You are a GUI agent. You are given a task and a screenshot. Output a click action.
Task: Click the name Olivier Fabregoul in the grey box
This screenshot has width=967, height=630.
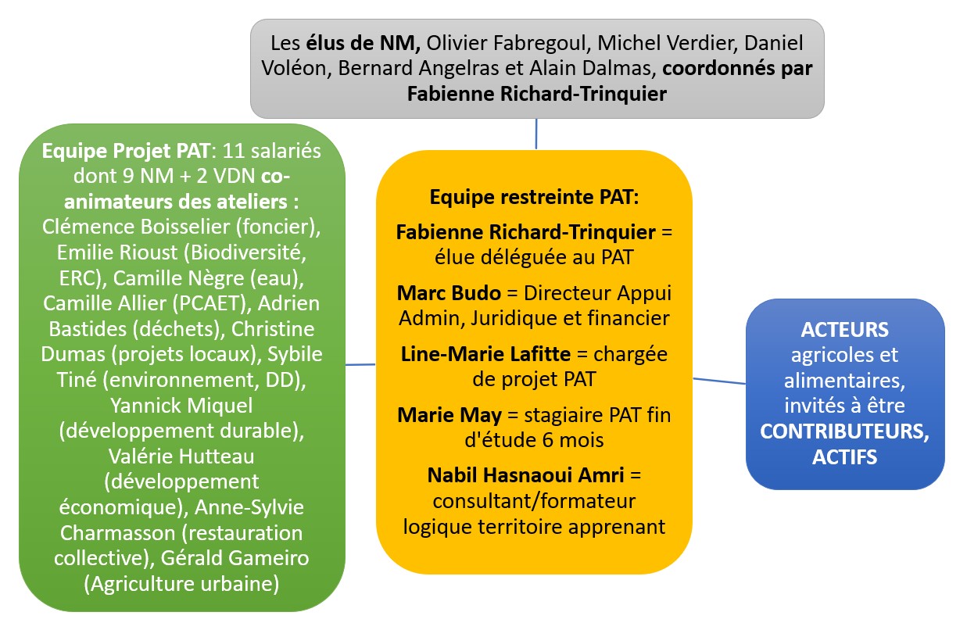507,43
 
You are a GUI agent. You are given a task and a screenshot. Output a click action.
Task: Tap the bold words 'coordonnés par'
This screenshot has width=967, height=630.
737,69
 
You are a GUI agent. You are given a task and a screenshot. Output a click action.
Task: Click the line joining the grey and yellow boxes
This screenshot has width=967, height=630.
536,134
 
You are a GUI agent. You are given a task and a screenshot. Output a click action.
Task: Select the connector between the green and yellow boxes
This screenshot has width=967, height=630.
360,364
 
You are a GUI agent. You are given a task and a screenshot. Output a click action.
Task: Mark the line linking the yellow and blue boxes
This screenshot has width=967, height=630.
719,381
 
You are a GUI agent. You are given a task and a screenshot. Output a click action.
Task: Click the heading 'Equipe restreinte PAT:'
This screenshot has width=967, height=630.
534,198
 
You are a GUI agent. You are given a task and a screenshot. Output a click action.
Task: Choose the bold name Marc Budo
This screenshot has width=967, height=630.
449,293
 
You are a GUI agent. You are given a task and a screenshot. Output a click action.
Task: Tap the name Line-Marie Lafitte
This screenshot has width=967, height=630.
485,354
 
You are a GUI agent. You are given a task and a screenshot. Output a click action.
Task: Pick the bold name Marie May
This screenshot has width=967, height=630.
449,416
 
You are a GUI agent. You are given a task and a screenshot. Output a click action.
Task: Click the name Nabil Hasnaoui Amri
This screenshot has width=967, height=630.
526,475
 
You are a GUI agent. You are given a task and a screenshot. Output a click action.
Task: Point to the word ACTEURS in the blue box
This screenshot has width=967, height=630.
845,330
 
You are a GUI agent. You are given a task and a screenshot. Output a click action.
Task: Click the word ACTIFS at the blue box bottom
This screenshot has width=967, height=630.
845,457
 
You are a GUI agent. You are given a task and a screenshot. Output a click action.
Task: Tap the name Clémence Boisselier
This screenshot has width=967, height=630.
136,227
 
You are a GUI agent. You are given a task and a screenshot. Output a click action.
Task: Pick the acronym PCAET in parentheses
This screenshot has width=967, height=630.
212,303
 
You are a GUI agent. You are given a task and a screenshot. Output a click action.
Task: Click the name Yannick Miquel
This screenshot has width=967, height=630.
181,406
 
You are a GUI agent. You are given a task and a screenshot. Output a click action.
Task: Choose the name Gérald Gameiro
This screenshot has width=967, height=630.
235,558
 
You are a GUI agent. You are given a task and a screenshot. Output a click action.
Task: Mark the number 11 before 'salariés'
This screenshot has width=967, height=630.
233,151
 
